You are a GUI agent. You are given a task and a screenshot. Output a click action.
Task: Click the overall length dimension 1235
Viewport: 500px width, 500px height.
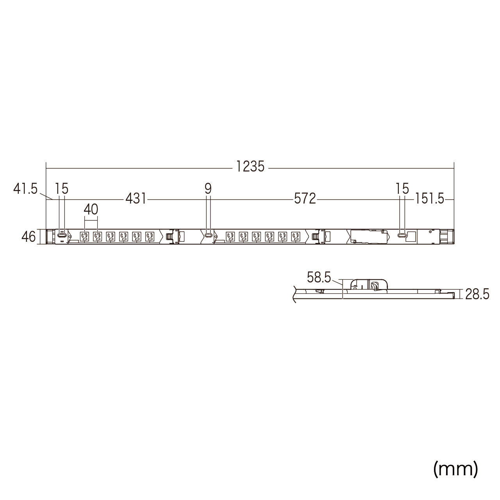coord(250,166)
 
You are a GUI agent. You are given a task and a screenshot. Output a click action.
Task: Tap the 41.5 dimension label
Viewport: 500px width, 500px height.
coord(25,189)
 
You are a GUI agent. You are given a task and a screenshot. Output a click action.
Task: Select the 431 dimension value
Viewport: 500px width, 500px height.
coord(136,199)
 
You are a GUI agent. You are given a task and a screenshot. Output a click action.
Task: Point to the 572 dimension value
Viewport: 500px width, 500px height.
coord(305,199)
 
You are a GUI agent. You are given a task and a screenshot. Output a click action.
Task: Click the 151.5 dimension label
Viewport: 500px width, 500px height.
coord(430,199)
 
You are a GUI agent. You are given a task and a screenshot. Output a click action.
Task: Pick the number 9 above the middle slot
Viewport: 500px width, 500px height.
coord(208,189)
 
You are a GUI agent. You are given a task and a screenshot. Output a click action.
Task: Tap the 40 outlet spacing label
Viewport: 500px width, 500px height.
coord(91,209)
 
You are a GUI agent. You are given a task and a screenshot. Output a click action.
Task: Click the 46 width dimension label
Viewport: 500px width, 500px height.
coord(29,237)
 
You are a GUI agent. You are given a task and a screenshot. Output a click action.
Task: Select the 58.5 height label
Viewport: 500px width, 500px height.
coord(319,277)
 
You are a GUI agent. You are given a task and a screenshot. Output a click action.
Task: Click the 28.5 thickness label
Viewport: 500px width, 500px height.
coord(477,294)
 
